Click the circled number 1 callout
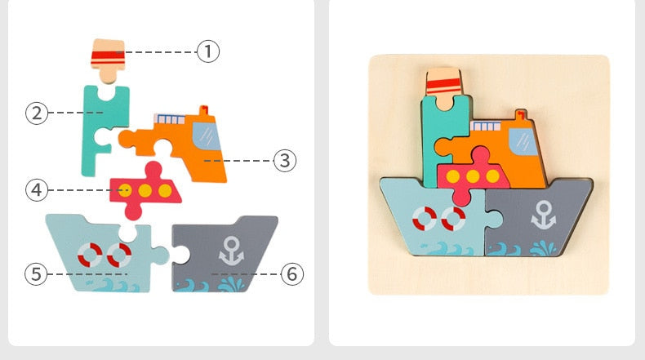point(208,51)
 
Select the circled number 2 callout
point(37,113)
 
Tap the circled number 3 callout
point(285,161)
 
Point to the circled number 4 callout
point(37,190)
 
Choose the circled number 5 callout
point(36,274)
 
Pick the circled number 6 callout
point(292,274)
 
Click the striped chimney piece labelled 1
point(108,60)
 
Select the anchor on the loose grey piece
point(231,251)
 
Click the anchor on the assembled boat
point(544,215)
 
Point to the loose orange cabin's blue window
point(207,136)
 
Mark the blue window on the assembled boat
point(523,141)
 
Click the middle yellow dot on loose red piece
point(145,190)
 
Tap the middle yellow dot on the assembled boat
point(473,176)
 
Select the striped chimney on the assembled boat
point(443,89)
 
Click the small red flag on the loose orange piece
point(203,110)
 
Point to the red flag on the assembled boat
point(520,114)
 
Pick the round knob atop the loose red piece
point(153,169)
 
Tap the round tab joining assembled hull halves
point(494,218)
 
